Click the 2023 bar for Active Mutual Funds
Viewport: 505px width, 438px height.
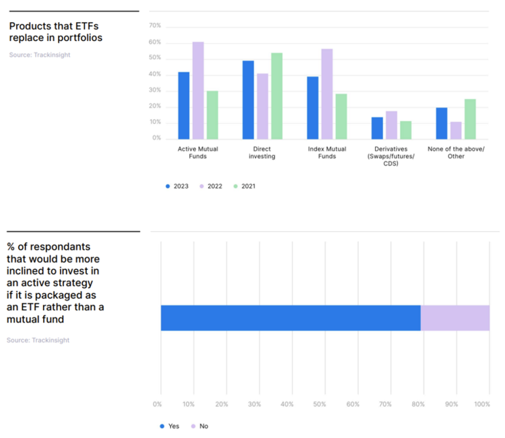tap(183, 105)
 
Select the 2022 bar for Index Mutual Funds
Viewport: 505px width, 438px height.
tap(327, 94)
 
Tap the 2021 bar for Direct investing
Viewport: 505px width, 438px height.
tap(276, 96)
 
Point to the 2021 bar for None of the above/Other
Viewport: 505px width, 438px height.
tap(470, 118)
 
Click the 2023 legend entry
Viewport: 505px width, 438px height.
tap(178, 186)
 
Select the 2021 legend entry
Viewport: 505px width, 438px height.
tap(244, 186)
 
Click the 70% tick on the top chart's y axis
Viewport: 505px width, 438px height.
tap(155, 26)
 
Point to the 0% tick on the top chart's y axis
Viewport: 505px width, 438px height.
tap(156, 138)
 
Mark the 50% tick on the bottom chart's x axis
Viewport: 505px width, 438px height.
tap(320, 404)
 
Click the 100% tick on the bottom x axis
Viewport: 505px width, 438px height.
tap(483, 404)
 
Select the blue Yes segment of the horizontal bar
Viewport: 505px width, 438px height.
tap(290, 318)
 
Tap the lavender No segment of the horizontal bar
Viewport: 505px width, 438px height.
tap(454, 318)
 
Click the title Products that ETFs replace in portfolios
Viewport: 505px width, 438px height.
tap(55, 32)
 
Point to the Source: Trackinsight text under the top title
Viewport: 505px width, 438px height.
tap(39, 54)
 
